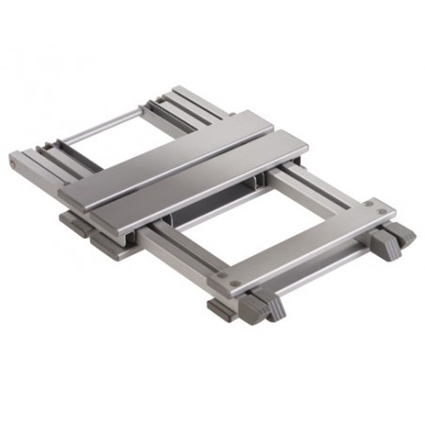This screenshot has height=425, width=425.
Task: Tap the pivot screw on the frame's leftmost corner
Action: [13, 164]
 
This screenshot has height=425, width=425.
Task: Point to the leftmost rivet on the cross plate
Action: [233, 279]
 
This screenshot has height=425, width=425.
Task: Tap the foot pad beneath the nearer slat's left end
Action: [103, 242]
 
